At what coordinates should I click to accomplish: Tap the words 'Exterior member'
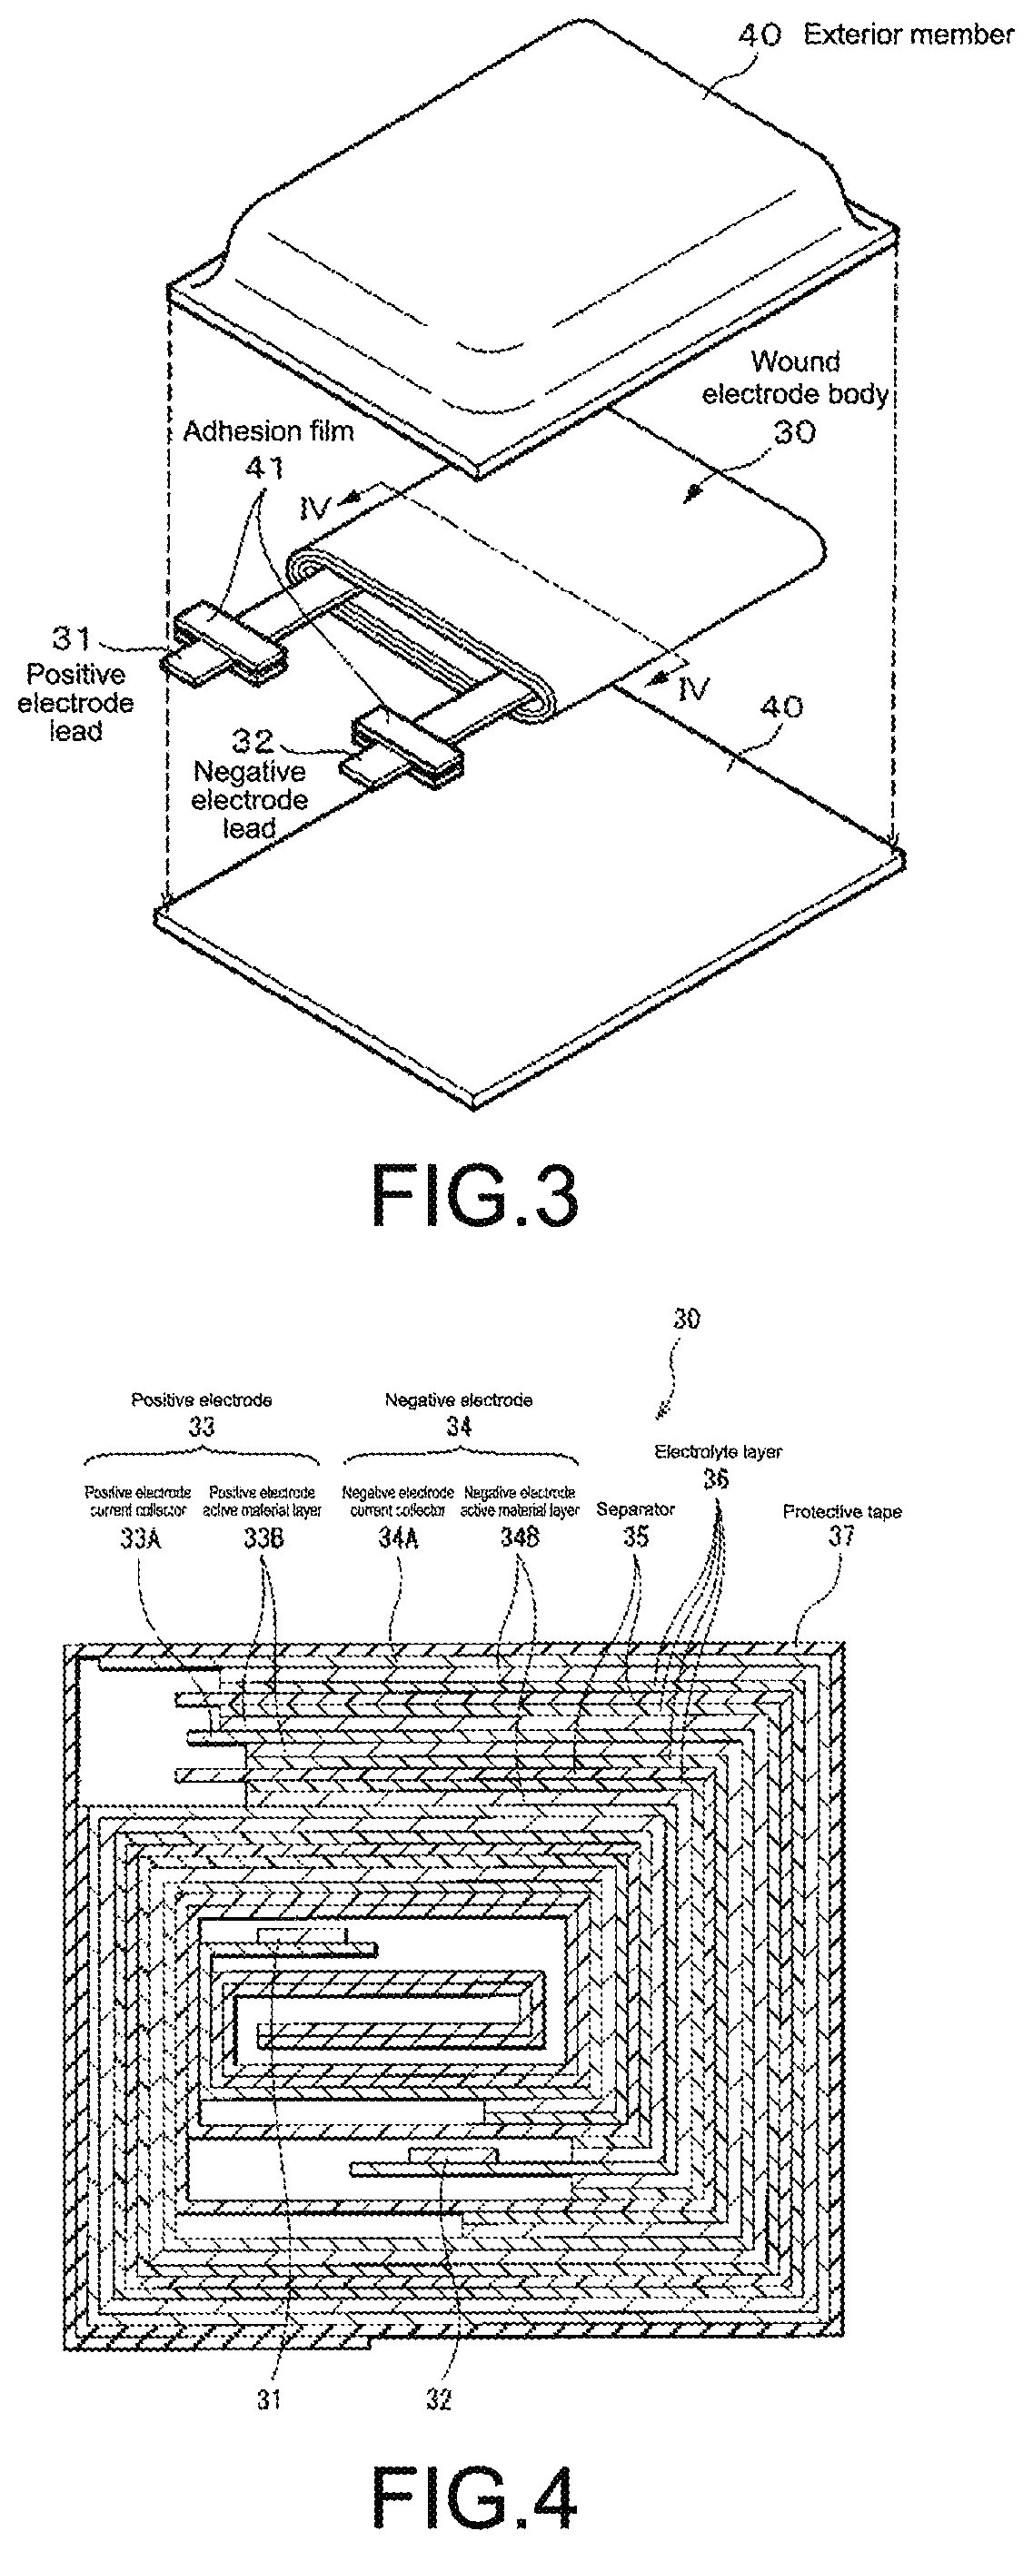click(909, 35)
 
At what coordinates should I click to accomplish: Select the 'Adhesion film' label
click(268, 431)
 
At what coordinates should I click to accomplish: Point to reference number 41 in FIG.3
click(263, 468)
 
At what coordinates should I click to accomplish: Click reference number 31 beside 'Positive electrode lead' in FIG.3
click(71, 639)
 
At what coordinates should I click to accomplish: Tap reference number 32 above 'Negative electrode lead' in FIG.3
click(253, 741)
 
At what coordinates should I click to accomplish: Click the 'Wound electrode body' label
click(795, 377)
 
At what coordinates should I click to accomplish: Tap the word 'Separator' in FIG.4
click(635, 1509)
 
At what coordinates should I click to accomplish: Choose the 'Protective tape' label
click(842, 1511)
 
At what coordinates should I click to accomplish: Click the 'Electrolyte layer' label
click(718, 1452)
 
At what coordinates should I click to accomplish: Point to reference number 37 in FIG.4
click(841, 1536)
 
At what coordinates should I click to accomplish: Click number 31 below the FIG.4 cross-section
click(271, 2398)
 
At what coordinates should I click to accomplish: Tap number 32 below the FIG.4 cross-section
click(439, 2398)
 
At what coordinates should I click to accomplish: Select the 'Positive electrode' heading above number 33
click(201, 1400)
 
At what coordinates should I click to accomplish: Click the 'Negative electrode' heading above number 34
click(459, 1400)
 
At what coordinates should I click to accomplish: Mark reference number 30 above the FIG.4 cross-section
click(686, 1319)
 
